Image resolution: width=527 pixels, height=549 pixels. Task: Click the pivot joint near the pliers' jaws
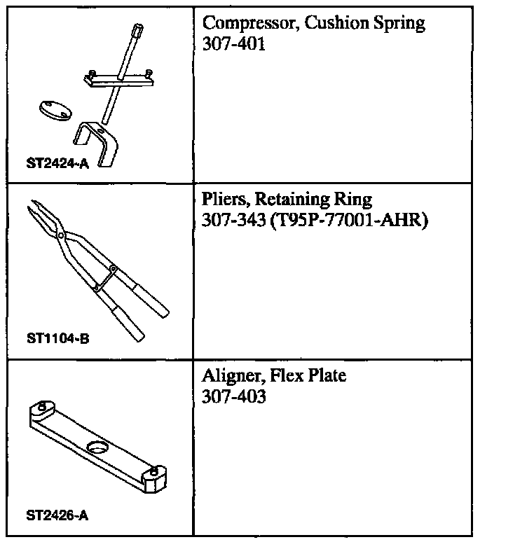(62, 236)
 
